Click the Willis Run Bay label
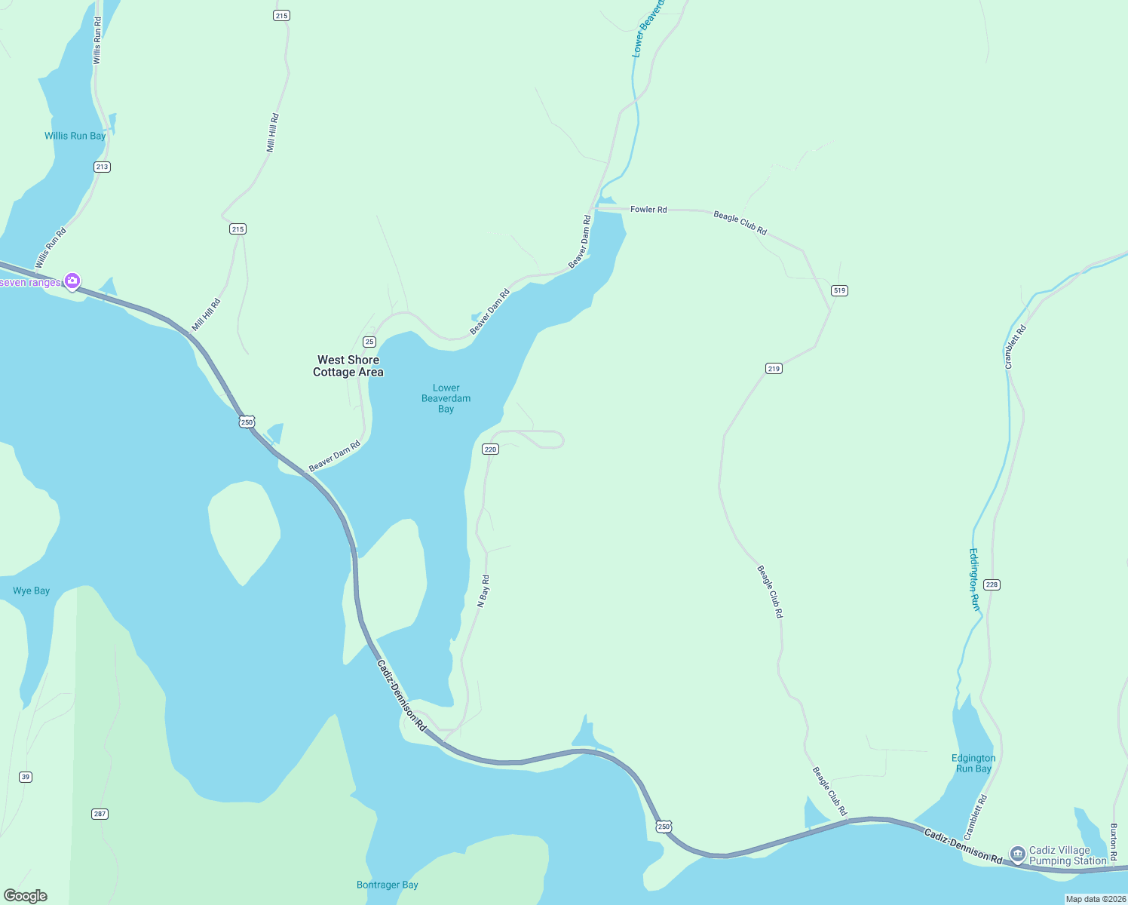[x=75, y=136]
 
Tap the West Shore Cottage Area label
[x=348, y=366]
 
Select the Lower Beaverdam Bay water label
[x=446, y=398]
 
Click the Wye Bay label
[x=31, y=591]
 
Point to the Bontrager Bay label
[x=387, y=885]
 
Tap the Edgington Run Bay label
[x=973, y=763]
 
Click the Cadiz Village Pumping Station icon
[x=1017, y=854]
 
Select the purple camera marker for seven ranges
[x=72, y=281]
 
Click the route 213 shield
[x=102, y=167]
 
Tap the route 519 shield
[x=839, y=290]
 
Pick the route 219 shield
[x=774, y=368]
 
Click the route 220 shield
[x=490, y=449]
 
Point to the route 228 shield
[x=992, y=584]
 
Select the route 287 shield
[x=100, y=814]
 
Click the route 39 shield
[x=26, y=777]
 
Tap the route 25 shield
[x=369, y=342]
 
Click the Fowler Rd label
[x=648, y=209]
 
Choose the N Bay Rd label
[x=484, y=591]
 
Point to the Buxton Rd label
[x=1114, y=842]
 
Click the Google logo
[x=26, y=896]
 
